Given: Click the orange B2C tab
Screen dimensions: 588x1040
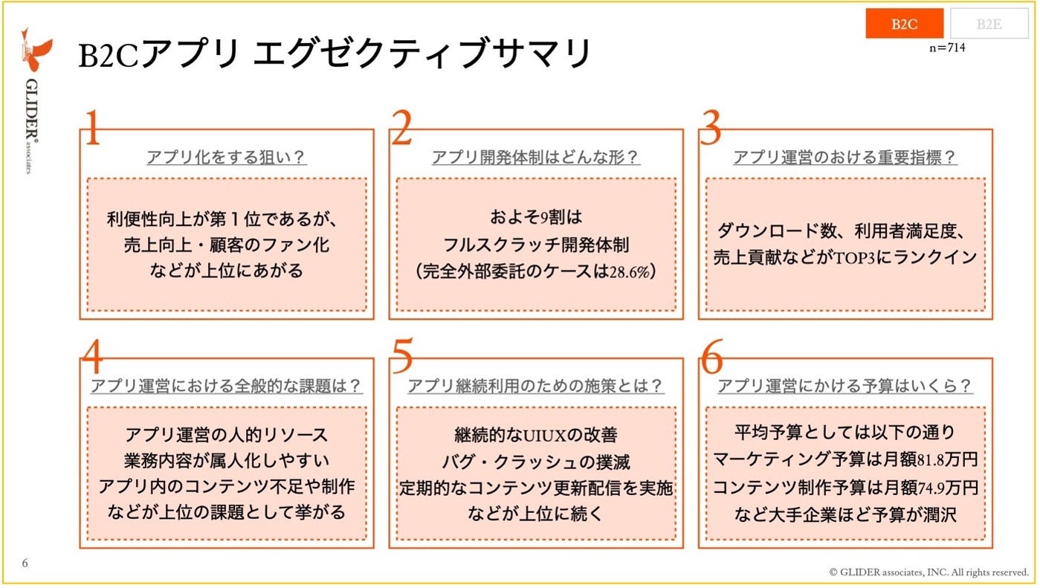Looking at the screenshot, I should [904, 24].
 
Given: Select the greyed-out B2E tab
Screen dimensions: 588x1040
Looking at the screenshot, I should [989, 24].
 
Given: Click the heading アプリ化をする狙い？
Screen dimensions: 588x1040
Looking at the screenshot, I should [227, 158].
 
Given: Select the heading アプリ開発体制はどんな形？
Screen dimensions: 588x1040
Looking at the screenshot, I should [536, 158].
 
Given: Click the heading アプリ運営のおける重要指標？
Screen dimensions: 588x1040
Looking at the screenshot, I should [845, 158].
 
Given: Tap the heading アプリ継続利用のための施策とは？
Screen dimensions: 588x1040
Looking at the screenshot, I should [536, 387].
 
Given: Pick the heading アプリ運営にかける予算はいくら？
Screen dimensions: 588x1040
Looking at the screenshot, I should [845, 387].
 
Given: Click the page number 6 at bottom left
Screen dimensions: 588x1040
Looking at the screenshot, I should [25, 563].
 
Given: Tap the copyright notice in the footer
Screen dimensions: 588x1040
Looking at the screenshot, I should [928, 572].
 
